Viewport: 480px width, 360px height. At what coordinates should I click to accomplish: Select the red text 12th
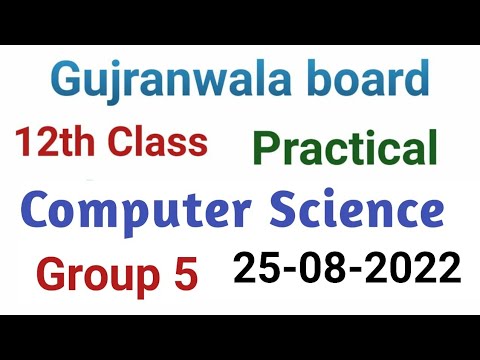(51, 142)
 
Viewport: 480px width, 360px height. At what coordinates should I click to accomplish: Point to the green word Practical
(345, 149)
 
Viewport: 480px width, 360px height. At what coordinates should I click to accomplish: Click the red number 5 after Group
(186, 271)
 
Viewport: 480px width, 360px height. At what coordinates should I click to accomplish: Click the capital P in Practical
(266, 149)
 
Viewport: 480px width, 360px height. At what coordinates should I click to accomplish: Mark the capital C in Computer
(40, 212)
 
